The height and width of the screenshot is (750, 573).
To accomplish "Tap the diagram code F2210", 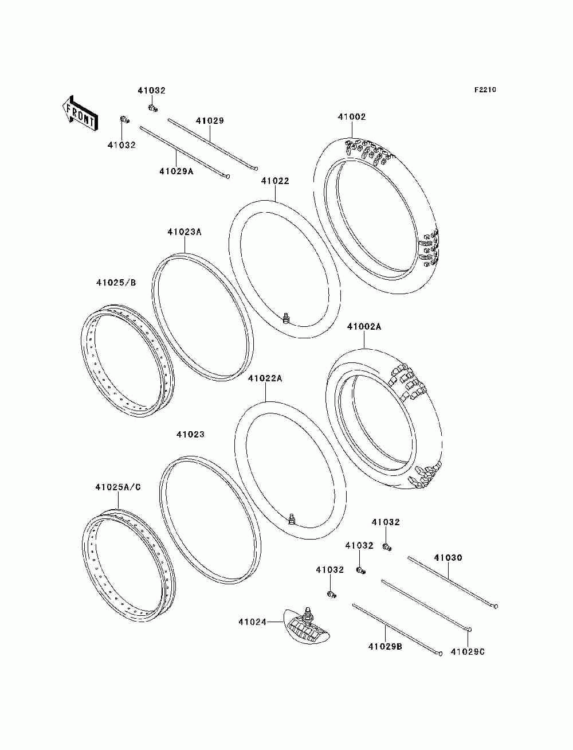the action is (x=485, y=90).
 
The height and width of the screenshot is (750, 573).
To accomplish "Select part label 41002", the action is (x=351, y=117).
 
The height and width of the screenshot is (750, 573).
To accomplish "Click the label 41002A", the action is (x=364, y=327).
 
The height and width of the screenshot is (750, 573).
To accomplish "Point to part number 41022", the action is (x=275, y=181).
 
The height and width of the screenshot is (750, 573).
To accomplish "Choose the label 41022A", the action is (x=265, y=378).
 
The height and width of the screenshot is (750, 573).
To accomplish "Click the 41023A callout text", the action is (x=185, y=232).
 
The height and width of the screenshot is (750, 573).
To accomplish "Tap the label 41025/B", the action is (x=116, y=282).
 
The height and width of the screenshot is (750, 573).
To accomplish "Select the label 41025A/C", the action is (x=118, y=487).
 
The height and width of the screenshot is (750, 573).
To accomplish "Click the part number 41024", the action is (x=253, y=622).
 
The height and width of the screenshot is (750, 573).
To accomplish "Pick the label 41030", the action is (x=448, y=558).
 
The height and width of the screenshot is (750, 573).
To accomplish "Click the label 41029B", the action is (x=385, y=647).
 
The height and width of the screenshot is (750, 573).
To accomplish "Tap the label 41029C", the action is (x=468, y=651).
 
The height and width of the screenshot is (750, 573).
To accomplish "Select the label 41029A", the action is (x=176, y=171).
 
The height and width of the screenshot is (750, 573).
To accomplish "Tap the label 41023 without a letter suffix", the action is (x=190, y=435).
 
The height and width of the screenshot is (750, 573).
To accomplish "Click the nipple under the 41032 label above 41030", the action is (x=387, y=545).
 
